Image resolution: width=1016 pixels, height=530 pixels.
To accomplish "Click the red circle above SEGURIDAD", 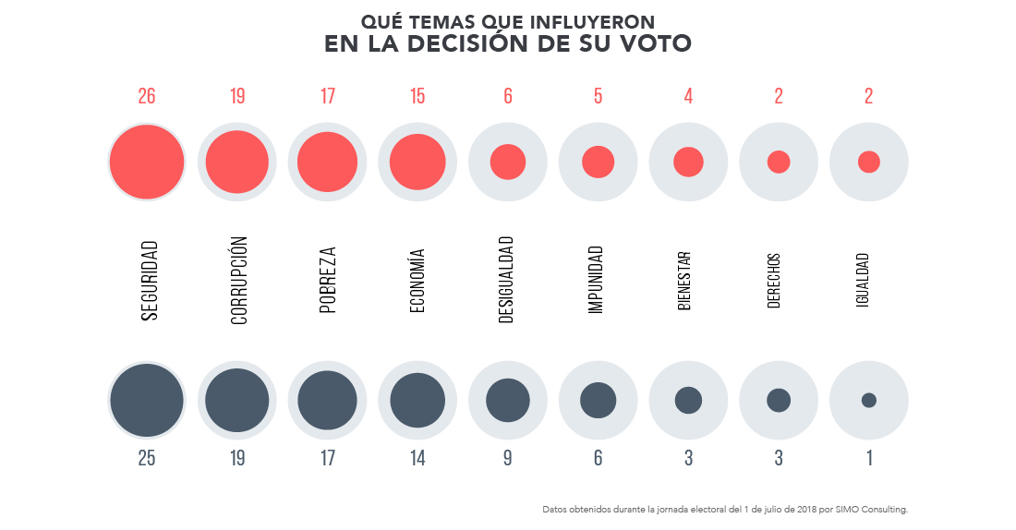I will coord(147,162).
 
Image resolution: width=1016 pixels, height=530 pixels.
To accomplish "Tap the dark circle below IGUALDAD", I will coord(868,400).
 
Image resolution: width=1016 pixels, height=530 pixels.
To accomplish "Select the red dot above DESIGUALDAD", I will coord(508,162).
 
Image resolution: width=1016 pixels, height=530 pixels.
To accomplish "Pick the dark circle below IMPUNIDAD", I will coord(598,400).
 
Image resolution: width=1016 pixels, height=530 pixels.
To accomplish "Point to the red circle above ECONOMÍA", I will coord(417,163).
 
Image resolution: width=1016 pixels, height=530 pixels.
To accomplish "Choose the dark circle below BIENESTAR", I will coord(688,400).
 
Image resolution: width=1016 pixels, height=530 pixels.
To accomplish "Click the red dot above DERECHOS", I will coord(779,162).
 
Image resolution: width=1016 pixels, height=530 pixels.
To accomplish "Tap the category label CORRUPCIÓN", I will coord(237,281).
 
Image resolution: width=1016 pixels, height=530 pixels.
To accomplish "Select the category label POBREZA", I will coord(328,281).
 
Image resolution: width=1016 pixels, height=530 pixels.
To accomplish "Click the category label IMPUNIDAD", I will coord(598,281).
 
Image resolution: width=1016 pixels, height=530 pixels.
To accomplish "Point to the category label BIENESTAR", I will coord(685,281).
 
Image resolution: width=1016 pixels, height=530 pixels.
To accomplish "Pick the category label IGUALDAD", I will coord(864,281).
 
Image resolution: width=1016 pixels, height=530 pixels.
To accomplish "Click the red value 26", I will coord(146,96).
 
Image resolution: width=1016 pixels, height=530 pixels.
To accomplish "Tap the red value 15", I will coord(417,96).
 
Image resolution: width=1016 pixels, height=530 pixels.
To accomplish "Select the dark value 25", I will coord(146,458).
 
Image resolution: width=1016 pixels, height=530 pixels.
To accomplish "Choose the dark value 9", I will coord(508,458).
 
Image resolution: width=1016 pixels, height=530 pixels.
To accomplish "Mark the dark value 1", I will coord(869,458).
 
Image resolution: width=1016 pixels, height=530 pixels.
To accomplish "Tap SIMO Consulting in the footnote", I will coord(878,509).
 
